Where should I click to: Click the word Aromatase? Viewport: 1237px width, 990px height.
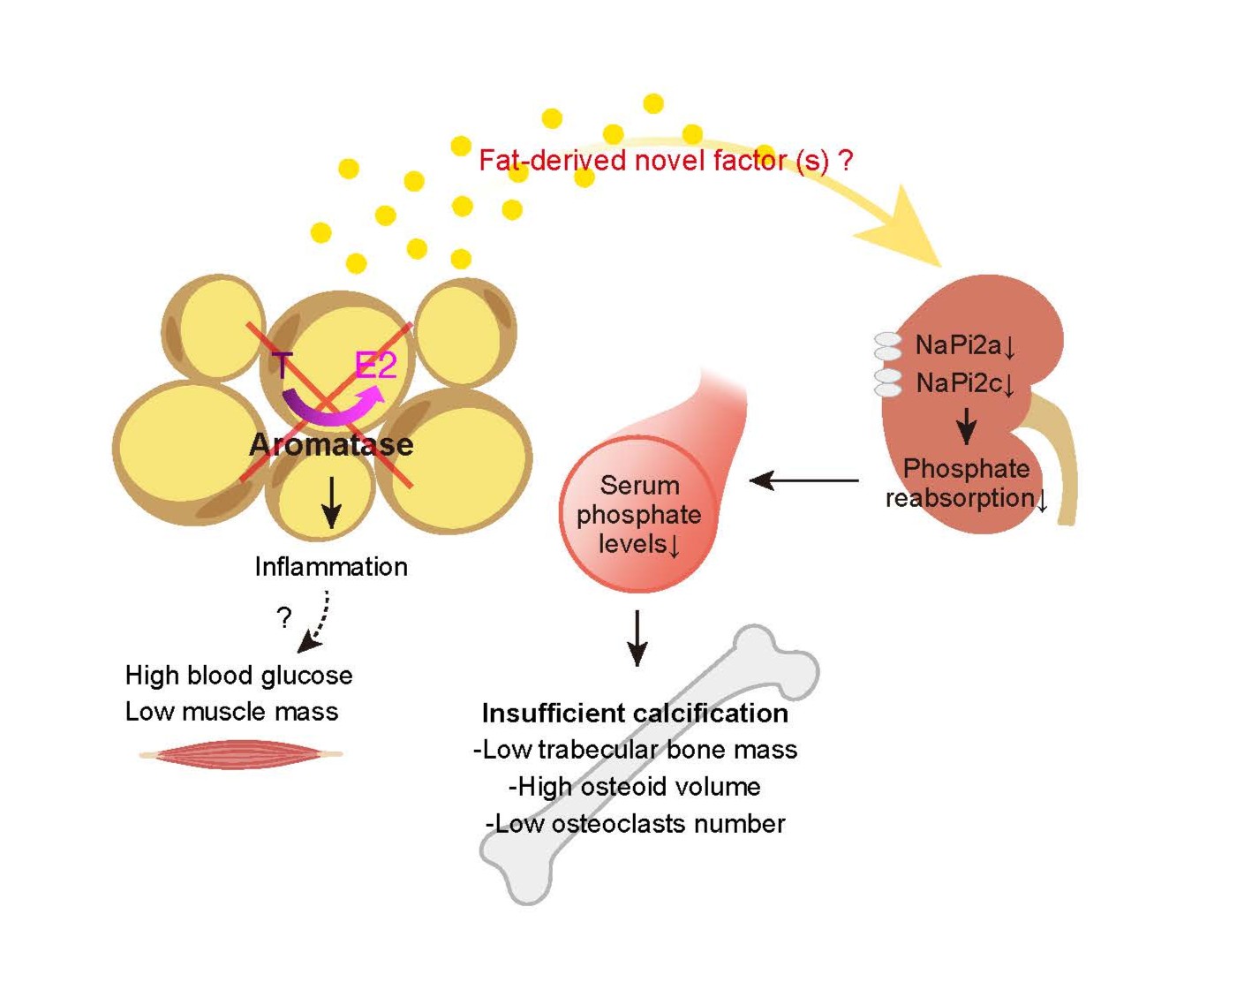(331, 444)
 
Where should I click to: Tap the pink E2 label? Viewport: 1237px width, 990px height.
(375, 365)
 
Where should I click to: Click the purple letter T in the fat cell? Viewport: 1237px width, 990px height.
(283, 364)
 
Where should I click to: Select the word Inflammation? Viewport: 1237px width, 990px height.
(331, 566)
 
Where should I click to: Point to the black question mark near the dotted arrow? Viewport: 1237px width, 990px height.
(283, 616)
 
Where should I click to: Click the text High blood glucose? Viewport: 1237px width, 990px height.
(238, 676)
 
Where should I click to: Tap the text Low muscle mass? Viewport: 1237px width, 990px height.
(231, 712)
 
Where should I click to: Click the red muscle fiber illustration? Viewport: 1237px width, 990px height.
(240, 754)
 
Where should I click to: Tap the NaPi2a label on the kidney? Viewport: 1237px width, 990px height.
(964, 344)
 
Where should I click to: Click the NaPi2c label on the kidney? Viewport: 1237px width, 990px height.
(964, 383)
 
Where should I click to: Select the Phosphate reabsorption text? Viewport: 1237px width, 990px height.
(966, 483)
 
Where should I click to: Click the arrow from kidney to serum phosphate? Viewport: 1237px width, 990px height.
(803, 480)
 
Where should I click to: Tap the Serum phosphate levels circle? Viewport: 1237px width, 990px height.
(637, 515)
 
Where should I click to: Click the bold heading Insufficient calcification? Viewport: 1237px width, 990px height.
(635, 713)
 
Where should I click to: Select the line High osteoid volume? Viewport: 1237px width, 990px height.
(634, 786)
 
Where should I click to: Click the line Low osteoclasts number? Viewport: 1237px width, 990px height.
(635, 824)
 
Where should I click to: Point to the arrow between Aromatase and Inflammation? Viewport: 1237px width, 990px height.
(331, 502)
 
